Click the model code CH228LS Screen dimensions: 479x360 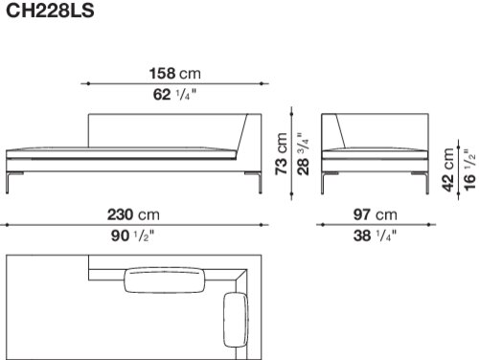click(x=50, y=11)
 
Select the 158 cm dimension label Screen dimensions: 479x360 click(x=175, y=74)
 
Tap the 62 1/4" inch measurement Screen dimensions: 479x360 click(x=174, y=95)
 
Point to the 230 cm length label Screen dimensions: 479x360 click(x=133, y=214)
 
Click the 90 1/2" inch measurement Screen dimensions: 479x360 click(x=132, y=236)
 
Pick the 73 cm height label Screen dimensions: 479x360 click(x=282, y=153)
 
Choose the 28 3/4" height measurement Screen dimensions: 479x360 click(x=303, y=153)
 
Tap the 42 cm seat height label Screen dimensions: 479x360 click(x=448, y=169)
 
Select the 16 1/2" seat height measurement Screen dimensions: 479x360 click(x=469, y=169)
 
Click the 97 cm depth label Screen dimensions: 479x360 click(x=376, y=214)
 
